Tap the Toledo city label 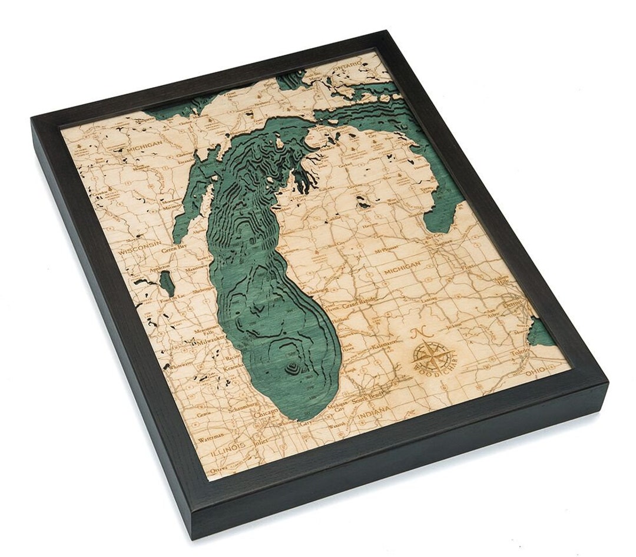pos(520,352)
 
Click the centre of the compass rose pos(434,355)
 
